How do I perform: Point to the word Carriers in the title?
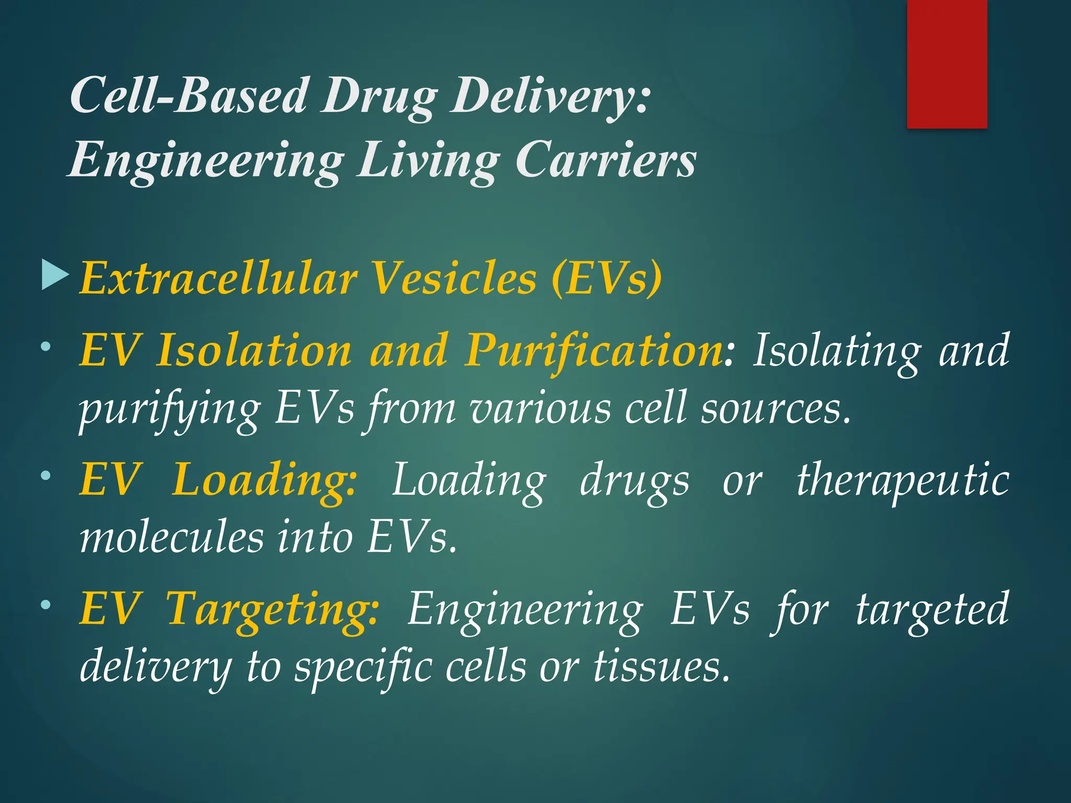coord(606,160)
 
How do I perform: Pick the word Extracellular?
coord(219,278)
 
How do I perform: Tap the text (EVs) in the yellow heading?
coord(606,278)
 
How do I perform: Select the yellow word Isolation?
coord(255,350)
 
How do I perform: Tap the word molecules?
coord(172,538)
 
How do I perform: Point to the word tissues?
coord(661,667)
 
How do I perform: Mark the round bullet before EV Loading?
coord(46,476)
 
